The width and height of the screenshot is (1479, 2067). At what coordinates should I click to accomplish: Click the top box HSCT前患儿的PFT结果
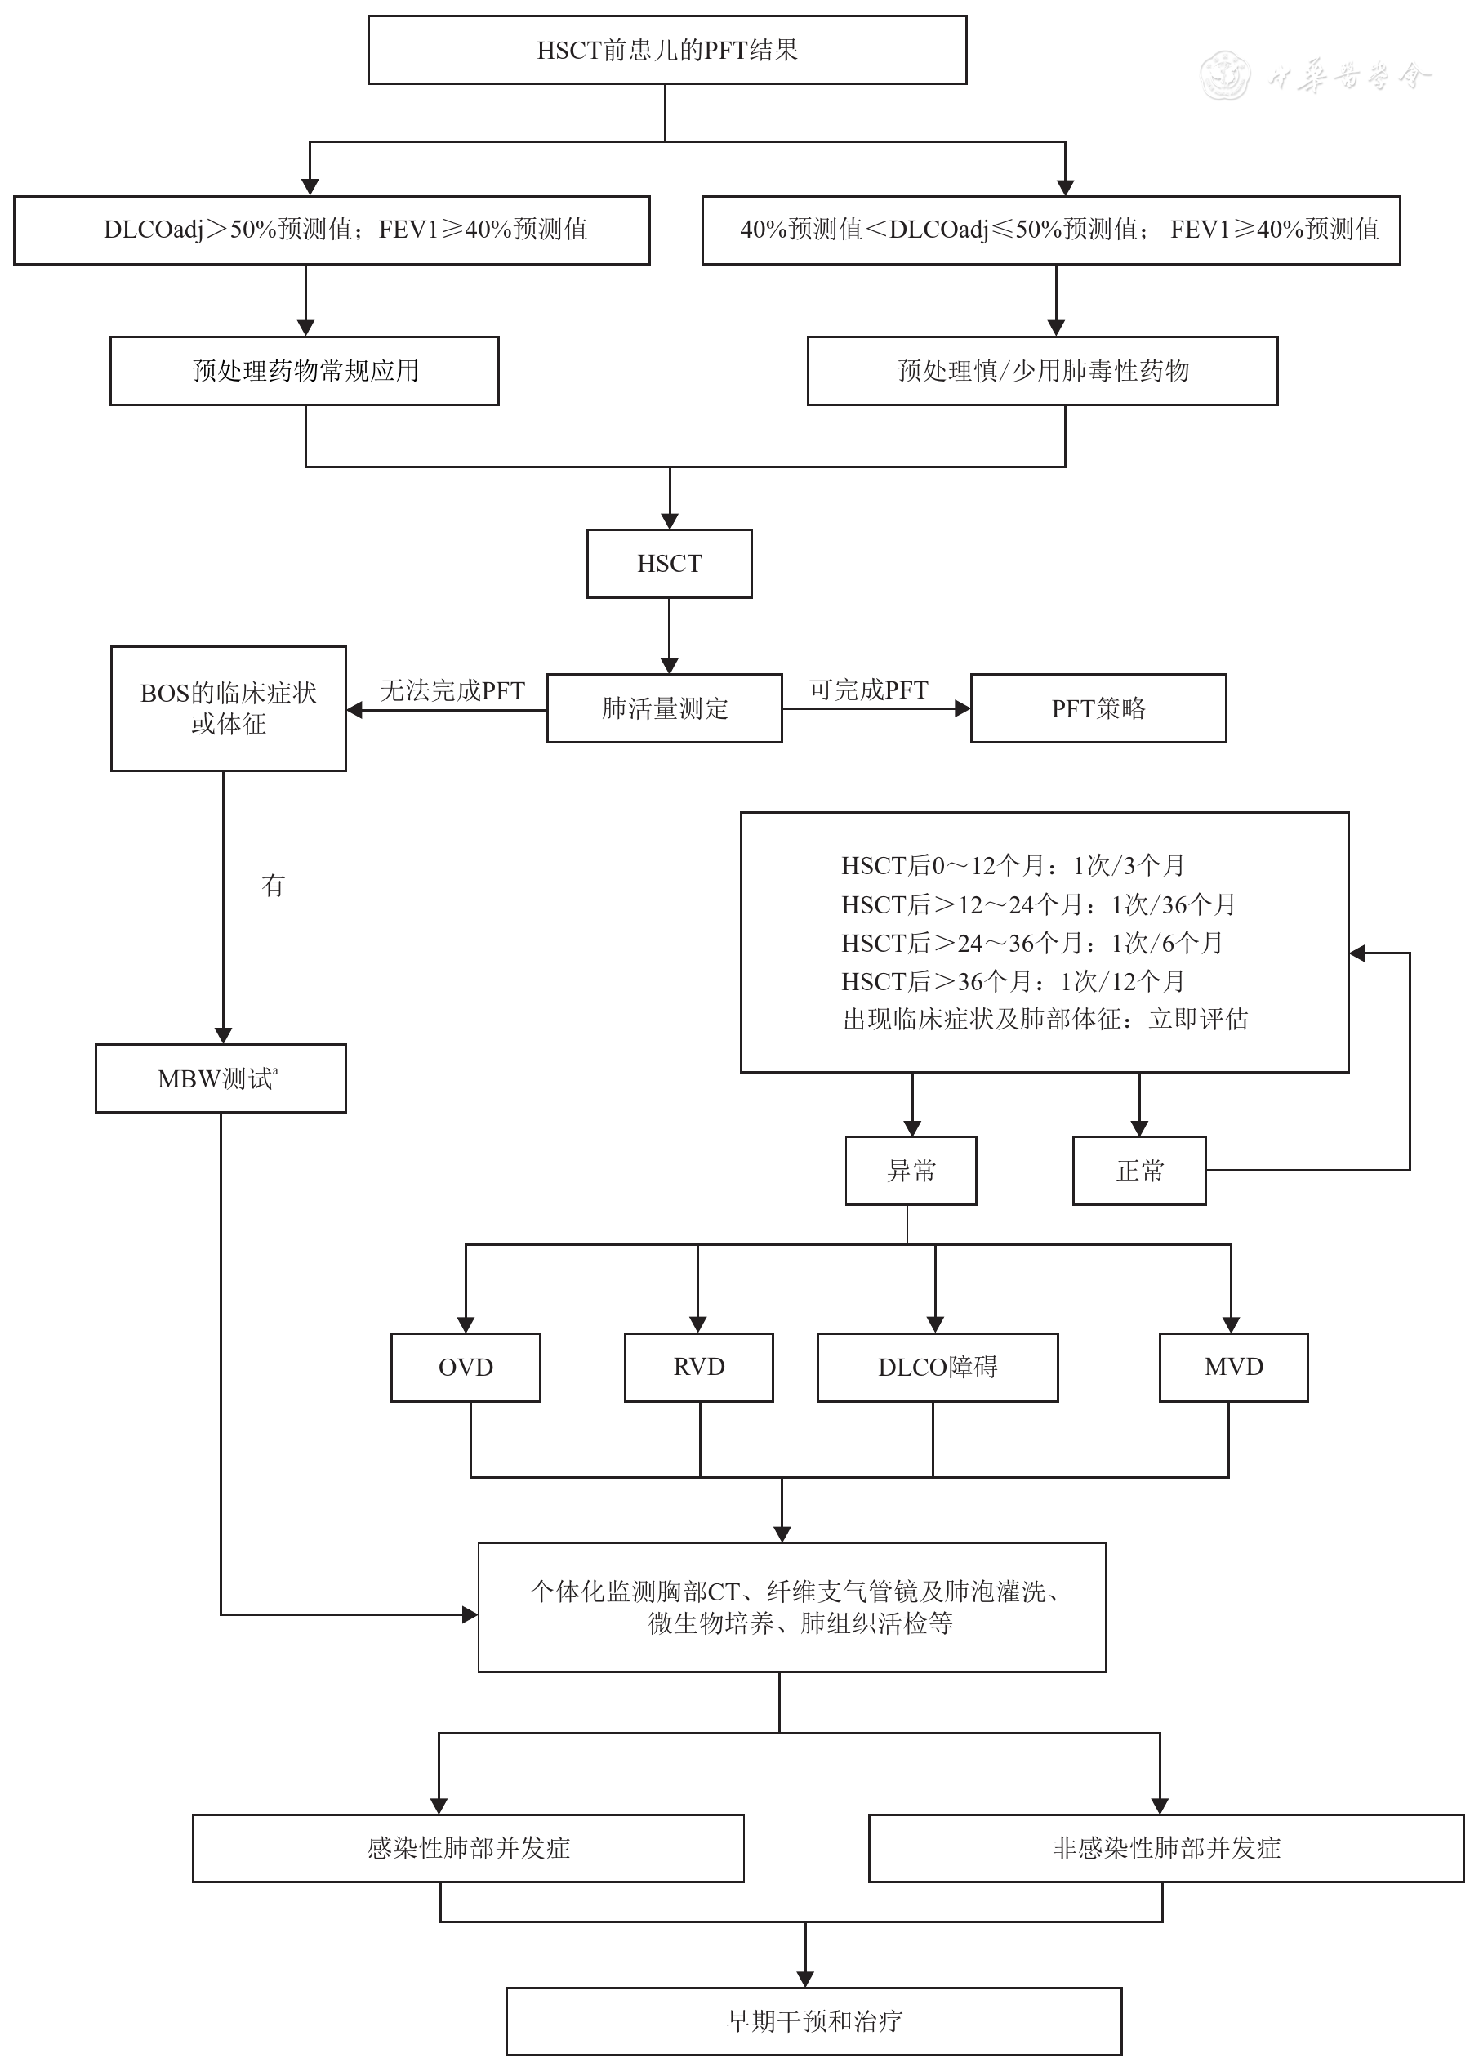(x=666, y=50)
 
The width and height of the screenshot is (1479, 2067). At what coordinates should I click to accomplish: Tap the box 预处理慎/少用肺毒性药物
(x=1042, y=371)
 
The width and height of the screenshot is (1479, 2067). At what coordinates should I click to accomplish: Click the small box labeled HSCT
(x=670, y=564)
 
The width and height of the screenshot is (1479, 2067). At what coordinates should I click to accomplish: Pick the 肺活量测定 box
(x=665, y=708)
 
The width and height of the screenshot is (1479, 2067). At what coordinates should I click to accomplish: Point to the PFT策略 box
(x=1098, y=708)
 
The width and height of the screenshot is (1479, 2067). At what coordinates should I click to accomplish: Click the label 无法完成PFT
(x=452, y=690)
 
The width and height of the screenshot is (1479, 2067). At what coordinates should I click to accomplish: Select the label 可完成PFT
(x=868, y=690)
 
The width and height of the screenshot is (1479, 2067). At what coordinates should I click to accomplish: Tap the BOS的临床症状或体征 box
(x=229, y=708)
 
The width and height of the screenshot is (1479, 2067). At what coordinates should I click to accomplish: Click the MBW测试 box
(x=221, y=1078)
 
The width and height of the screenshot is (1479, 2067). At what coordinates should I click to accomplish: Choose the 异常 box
(x=911, y=1171)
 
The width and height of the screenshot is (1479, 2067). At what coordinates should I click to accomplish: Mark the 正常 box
(x=1139, y=1171)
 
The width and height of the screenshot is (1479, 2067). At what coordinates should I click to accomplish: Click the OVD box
(x=466, y=1368)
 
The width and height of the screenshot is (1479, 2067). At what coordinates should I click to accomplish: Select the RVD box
(x=698, y=1368)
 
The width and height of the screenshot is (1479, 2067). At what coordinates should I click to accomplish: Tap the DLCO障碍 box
(x=937, y=1368)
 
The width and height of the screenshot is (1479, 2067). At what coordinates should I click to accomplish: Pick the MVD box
(x=1233, y=1368)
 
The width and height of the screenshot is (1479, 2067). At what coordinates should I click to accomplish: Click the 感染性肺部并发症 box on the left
(x=468, y=1848)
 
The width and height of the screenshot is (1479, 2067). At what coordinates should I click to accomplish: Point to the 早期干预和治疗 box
(x=813, y=2021)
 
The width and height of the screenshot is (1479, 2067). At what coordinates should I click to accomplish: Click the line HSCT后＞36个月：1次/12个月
(x=1013, y=981)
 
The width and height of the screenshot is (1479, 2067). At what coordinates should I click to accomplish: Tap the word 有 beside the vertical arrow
(x=274, y=885)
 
